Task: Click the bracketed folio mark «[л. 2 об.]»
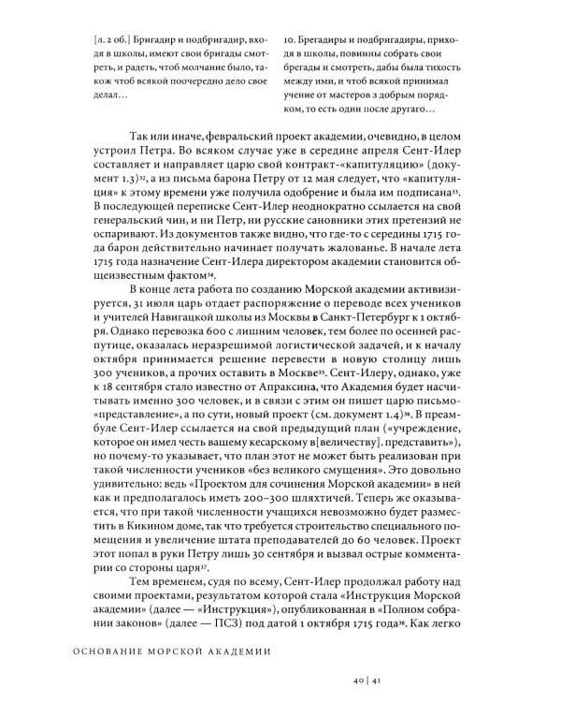(x=118, y=40)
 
